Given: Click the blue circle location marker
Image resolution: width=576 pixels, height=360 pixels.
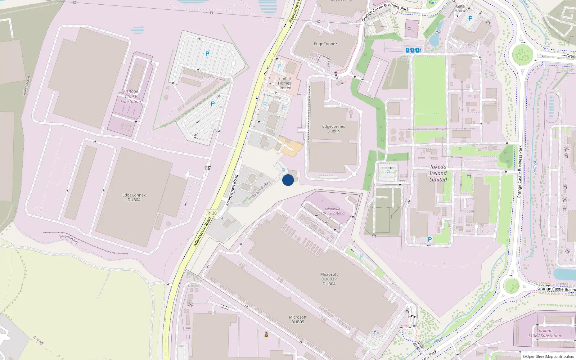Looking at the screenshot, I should coord(288,180).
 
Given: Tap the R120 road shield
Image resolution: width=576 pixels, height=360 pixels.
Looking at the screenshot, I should coord(212,213).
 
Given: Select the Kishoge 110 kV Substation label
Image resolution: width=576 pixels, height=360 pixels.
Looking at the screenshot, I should coord(131,96).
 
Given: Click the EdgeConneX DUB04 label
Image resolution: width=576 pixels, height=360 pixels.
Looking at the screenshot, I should coord(134,197).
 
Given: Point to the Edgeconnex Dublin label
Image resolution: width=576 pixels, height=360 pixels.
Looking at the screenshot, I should coord(333,129).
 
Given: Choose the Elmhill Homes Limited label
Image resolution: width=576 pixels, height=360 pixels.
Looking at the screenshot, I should coord(284,83).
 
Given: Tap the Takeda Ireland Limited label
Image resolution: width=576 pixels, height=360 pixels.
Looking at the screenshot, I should coord(438,173).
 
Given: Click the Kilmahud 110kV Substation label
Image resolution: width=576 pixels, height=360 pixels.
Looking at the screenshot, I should coord(332,211).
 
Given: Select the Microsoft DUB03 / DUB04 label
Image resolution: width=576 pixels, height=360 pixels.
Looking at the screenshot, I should coord(329,279).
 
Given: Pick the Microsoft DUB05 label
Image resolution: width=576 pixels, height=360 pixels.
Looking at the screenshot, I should coord(298,320).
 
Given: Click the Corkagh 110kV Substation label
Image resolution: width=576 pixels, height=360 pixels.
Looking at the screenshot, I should coord(544,333).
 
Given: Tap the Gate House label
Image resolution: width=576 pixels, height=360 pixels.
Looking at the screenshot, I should coord(460,8).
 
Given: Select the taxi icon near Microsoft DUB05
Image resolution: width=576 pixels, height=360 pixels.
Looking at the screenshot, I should coord(266,335).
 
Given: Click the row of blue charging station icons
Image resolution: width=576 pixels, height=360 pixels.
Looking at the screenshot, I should coord(413,50).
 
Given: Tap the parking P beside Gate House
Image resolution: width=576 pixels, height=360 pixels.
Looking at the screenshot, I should coord(470,18).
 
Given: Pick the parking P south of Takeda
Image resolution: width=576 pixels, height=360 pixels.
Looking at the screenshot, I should coord(429,239).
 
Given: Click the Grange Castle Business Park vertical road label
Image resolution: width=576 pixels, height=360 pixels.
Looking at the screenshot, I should coord(520,171).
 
